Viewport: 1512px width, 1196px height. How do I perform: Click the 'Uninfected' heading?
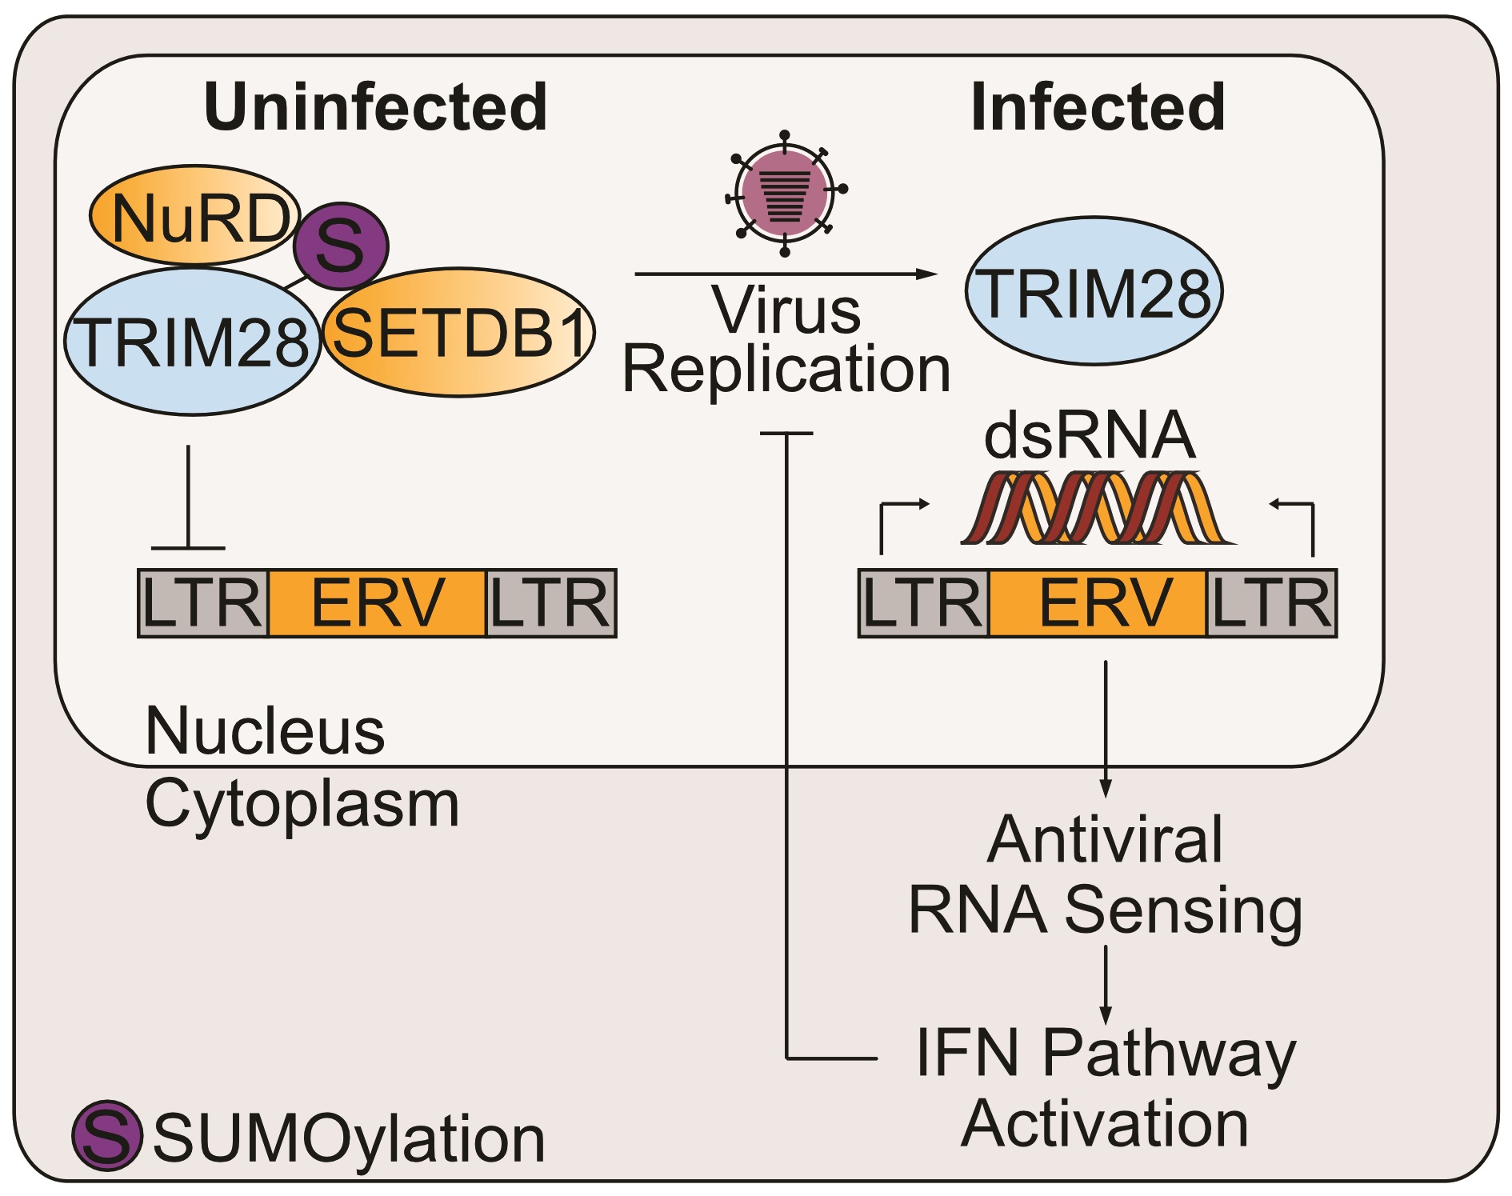pyautogui.click(x=376, y=107)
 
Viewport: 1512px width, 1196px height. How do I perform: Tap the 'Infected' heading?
pyautogui.click(x=1098, y=107)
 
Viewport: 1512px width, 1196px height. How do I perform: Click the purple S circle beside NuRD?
pyautogui.click(x=341, y=246)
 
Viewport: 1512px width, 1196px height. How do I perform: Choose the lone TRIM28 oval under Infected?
pyautogui.click(x=1094, y=293)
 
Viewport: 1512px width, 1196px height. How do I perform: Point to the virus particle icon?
pyautogui.click(x=785, y=193)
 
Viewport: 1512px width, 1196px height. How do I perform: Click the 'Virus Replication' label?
pyautogui.click(x=786, y=339)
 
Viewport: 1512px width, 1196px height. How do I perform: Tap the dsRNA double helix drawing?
pyautogui.click(x=1096, y=508)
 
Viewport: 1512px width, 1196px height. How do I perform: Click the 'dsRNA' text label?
pyautogui.click(x=1090, y=436)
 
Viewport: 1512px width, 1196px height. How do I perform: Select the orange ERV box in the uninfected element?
pyautogui.click(x=377, y=603)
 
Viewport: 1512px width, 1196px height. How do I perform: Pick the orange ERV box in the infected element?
pyautogui.click(x=1098, y=603)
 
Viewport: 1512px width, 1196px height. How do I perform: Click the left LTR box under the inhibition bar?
pyautogui.click(x=203, y=603)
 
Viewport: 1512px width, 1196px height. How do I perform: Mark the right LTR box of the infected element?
pyautogui.click(x=1272, y=603)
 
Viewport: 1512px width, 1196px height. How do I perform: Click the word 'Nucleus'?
pyautogui.click(x=265, y=731)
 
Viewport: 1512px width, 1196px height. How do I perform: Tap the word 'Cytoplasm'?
pyautogui.click(x=302, y=803)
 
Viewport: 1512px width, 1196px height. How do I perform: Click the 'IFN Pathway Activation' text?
pyautogui.click(x=1106, y=1088)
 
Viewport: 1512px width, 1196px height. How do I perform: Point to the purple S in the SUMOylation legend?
pyautogui.click(x=107, y=1136)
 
